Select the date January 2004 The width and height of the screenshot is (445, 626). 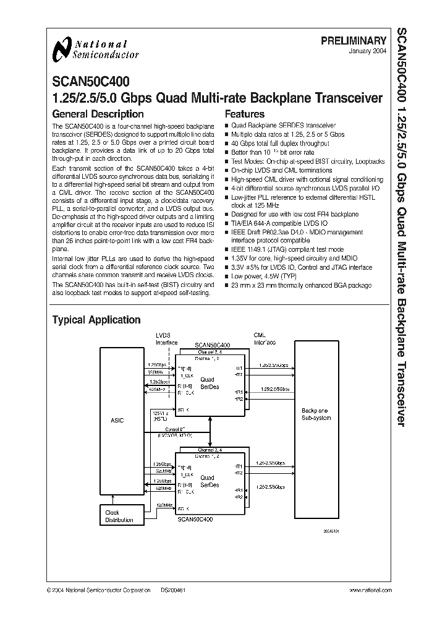point(370,52)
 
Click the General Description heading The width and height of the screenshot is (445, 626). point(98,114)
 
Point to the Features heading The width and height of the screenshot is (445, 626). point(244,114)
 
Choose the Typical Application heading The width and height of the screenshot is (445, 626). point(96,320)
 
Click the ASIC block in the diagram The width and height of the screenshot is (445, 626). point(117,420)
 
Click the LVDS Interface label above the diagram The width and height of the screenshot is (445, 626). point(166,340)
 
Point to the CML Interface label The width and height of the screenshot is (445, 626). point(265,339)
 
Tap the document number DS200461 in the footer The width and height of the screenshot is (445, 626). point(174,591)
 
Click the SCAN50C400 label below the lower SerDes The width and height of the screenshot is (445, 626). point(195,520)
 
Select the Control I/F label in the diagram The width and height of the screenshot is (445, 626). point(175,428)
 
